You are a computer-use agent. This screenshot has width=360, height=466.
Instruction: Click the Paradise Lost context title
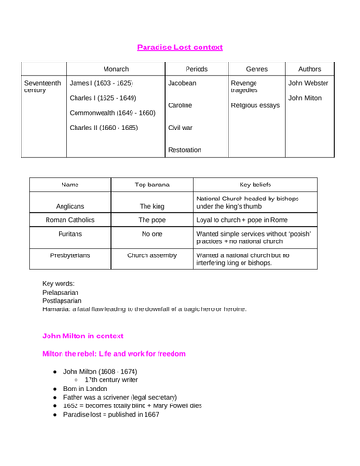pyautogui.click(x=179, y=45)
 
